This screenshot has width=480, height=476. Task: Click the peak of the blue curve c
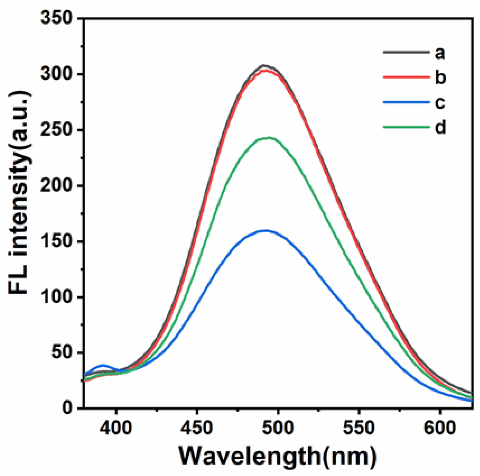tap(266, 230)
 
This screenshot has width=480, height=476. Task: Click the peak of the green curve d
tap(267, 138)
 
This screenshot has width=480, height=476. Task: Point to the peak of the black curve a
tap(264, 66)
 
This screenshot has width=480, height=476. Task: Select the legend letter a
tap(440, 53)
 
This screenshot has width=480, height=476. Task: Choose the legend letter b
tap(440, 77)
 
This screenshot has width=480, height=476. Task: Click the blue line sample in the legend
tap(406, 102)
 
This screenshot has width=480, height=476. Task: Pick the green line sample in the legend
tap(406, 127)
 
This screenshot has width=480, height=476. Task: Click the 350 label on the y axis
tap(56, 18)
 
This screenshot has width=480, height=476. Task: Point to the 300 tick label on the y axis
tap(56, 74)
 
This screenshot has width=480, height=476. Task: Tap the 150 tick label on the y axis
tap(56, 241)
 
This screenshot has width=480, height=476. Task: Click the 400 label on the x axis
tap(116, 427)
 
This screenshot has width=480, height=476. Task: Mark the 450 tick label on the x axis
tap(197, 427)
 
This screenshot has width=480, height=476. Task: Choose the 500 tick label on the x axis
tap(278, 427)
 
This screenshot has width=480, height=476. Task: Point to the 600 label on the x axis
tap(440, 427)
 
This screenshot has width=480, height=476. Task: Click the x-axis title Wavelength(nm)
tap(278, 456)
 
